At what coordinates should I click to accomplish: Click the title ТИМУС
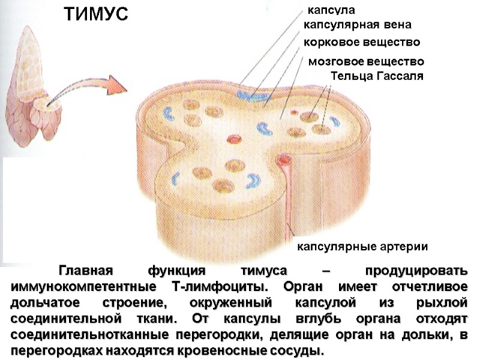(x=97, y=14)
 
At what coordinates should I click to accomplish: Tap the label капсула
(x=331, y=10)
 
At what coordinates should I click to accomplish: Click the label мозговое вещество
(x=365, y=62)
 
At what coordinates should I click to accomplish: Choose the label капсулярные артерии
(x=362, y=247)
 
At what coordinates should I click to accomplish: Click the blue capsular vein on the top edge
(x=253, y=95)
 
